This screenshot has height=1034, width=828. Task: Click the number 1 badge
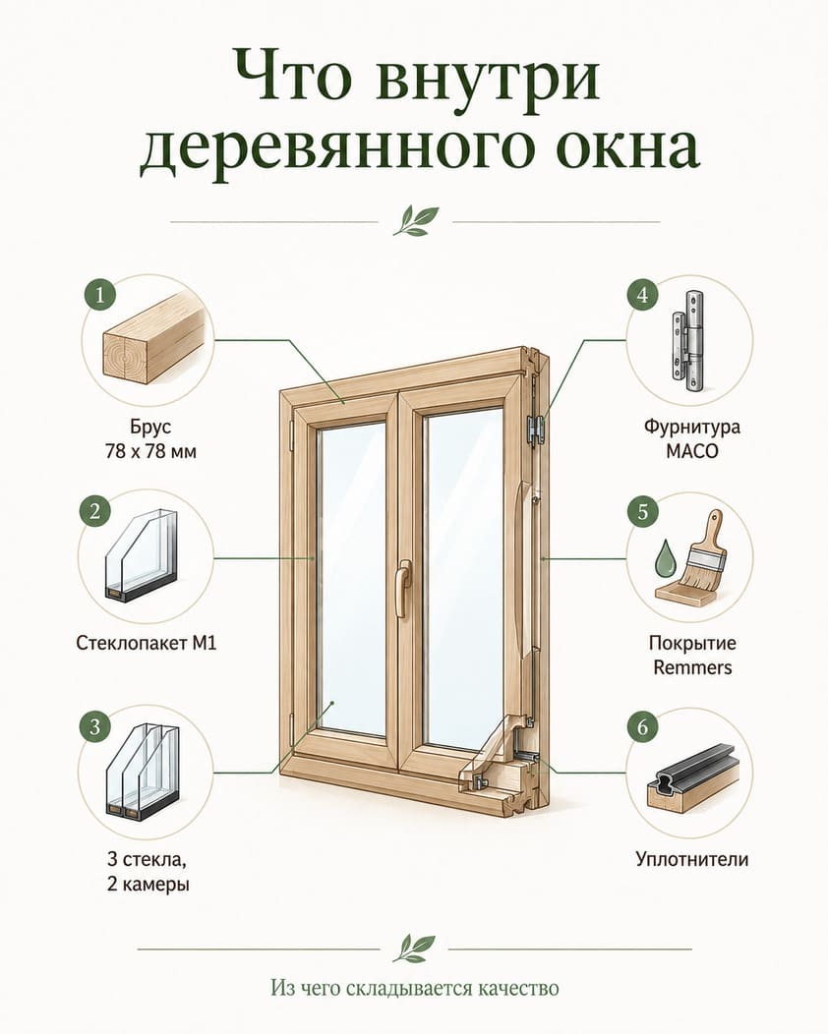click(x=99, y=294)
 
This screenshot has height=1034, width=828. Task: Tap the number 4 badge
click(x=642, y=294)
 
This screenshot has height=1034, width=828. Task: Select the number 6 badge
click(x=642, y=726)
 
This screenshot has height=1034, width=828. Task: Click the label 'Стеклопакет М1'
click(x=147, y=642)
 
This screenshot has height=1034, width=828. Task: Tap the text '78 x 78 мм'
click(x=150, y=452)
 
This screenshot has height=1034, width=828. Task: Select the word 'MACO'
click(x=692, y=452)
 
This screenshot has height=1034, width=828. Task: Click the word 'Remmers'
click(x=692, y=667)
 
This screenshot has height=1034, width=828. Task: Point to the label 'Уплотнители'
click(x=692, y=859)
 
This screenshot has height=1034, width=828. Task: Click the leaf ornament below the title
click(x=416, y=221)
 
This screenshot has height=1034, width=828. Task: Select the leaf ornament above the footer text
click(x=414, y=948)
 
